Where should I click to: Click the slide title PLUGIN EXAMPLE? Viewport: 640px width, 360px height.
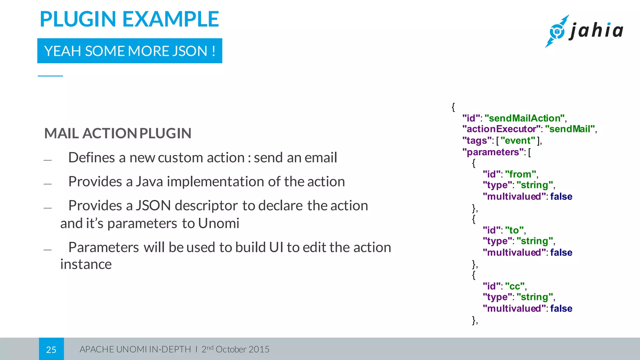(x=129, y=19)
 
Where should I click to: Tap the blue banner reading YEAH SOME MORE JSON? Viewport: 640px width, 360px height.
(x=130, y=51)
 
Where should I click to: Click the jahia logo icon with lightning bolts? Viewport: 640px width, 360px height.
(x=557, y=31)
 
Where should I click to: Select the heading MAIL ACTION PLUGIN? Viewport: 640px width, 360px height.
(x=118, y=133)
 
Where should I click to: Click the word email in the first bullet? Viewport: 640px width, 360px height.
(x=321, y=157)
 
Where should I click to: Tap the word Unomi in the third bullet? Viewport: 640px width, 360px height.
(x=218, y=223)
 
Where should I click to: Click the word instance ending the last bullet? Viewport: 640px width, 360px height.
(x=86, y=264)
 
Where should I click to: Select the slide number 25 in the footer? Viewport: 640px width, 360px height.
(x=51, y=349)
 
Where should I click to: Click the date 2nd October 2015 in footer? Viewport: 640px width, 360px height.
(x=235, y=349)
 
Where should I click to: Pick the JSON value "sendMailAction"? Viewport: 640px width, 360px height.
(x=525, y=118)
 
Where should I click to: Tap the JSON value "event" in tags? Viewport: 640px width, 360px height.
(x=518, y=141)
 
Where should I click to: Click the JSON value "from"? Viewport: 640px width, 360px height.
(x=520, y=174)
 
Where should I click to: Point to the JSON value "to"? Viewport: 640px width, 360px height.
(x=514, y=230)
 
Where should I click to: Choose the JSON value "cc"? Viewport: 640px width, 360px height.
(x=514, y=286)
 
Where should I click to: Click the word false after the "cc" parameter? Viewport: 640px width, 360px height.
(x=561, y=308)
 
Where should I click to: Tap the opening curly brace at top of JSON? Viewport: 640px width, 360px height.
(x=453, y=107)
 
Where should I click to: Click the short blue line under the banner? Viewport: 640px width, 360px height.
(x=50, y=76)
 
